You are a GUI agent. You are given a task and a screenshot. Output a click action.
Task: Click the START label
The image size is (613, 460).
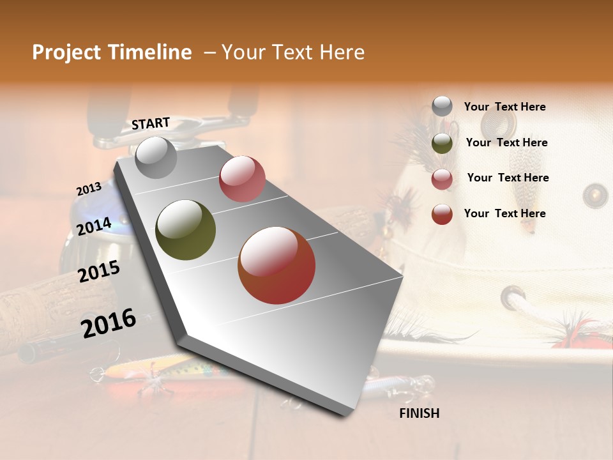point(151,123)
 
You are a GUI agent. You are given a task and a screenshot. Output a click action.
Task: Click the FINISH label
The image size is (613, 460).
point(419,413)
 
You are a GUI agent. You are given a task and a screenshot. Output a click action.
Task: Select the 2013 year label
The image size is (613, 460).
point(89,189)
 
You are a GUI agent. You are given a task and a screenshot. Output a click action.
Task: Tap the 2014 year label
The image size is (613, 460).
point(95,226)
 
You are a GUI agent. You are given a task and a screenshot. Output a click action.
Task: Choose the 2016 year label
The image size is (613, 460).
point(109,323)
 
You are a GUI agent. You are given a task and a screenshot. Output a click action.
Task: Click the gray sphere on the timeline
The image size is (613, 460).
point(156,157)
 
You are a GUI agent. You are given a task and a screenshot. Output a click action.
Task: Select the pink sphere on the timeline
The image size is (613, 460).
point(242,178)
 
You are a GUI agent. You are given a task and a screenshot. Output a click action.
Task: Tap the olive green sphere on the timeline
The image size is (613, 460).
point(185,230)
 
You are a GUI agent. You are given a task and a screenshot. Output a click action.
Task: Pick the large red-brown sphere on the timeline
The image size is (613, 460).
point(276,265)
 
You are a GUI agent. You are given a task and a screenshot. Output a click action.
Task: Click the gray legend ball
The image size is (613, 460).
point(442,107)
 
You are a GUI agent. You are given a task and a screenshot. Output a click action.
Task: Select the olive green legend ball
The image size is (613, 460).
point(442,142)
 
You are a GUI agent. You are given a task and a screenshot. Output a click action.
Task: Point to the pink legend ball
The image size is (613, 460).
point(442,178)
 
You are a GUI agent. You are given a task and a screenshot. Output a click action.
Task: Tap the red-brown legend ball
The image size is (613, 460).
point(442,213)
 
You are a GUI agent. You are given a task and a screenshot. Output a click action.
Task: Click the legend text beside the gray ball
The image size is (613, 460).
point(504,107)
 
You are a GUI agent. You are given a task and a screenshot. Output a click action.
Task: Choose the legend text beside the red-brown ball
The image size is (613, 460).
point(504,213)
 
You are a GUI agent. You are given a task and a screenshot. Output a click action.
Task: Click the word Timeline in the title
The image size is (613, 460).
point(150,52)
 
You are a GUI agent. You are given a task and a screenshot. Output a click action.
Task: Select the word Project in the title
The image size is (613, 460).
point(66,52)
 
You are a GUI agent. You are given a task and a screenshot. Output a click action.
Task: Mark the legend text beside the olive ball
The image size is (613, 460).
point(506,142)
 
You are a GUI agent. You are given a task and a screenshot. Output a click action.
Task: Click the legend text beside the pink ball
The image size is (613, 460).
point(508,178)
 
